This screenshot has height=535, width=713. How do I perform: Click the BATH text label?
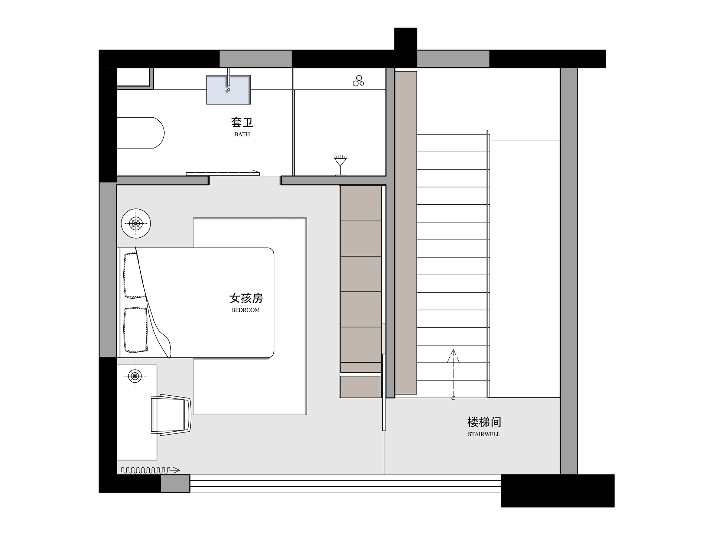[242, 134]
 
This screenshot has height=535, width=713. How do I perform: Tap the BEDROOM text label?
[245, 310]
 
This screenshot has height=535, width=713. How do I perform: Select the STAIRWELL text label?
[484, 434]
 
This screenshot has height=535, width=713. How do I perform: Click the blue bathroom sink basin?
[229, 90]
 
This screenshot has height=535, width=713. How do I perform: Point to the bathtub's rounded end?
[159, 133]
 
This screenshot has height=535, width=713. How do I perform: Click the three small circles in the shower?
[358, 81]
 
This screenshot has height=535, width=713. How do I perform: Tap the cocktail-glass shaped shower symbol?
[340, 165]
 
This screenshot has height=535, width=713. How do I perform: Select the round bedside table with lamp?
[136, 223]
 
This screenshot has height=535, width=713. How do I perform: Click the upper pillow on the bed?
[134, 275]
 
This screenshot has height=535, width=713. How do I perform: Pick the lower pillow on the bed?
[136, 330]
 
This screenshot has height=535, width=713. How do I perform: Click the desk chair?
[171, 414]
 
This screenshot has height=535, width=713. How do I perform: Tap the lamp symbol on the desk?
[135, 376]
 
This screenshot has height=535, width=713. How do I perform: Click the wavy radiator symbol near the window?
[150, 470]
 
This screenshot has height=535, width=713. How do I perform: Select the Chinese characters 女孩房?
[246, 298]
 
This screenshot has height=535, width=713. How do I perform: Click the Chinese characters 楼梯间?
[484, 422]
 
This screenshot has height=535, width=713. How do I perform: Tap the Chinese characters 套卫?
[242, 122]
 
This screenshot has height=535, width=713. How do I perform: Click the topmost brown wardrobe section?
[361, 203]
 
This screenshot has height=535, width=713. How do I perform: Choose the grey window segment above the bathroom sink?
[255, 59]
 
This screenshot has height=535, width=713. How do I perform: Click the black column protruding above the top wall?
[406, 39]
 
